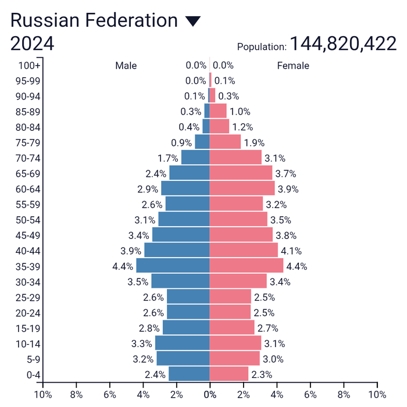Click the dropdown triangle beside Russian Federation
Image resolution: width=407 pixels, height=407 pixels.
point(192,22)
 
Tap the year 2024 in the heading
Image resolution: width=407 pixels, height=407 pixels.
point(33,44)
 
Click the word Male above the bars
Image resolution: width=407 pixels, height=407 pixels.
point(126,66)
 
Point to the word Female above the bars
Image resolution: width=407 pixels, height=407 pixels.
point(293,66)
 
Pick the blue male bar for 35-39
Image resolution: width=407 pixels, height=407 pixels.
point(173,266)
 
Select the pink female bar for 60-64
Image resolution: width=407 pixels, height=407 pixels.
point(242,188)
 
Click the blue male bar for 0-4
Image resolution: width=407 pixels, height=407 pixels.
point(189,374)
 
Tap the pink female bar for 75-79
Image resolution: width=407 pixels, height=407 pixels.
point(225,142)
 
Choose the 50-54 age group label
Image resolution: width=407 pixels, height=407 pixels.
point(28,220)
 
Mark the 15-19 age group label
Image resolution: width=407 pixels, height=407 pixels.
point(28,328)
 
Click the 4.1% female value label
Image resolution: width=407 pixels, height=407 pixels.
point(291,251)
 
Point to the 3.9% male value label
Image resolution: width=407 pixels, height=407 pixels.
point(131,251)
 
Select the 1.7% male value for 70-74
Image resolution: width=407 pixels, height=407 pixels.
point(168,158)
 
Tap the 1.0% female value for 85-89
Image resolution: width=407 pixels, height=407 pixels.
point(240,112)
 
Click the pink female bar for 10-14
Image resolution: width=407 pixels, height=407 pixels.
point(235,343)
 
